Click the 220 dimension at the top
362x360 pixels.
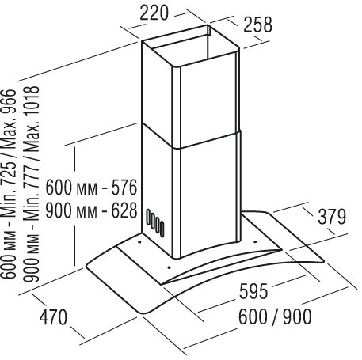(154, 13)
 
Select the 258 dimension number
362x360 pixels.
(257, 25)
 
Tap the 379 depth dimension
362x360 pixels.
(332, 217)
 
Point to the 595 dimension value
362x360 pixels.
(253, 291)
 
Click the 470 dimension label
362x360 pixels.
(53, 317)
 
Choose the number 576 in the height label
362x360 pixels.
(124, 188)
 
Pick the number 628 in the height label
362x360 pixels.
(124, 210)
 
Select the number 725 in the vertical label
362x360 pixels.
(9, 171)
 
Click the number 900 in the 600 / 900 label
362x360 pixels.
(297, 316)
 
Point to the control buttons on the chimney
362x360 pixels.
(155, 223)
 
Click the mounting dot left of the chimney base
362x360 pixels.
(139, 241)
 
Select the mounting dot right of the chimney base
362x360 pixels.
(255, 241)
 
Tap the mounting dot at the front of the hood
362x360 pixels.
(169, 267)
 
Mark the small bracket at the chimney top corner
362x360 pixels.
(208, 31)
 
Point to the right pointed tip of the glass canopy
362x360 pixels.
(324, 261)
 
